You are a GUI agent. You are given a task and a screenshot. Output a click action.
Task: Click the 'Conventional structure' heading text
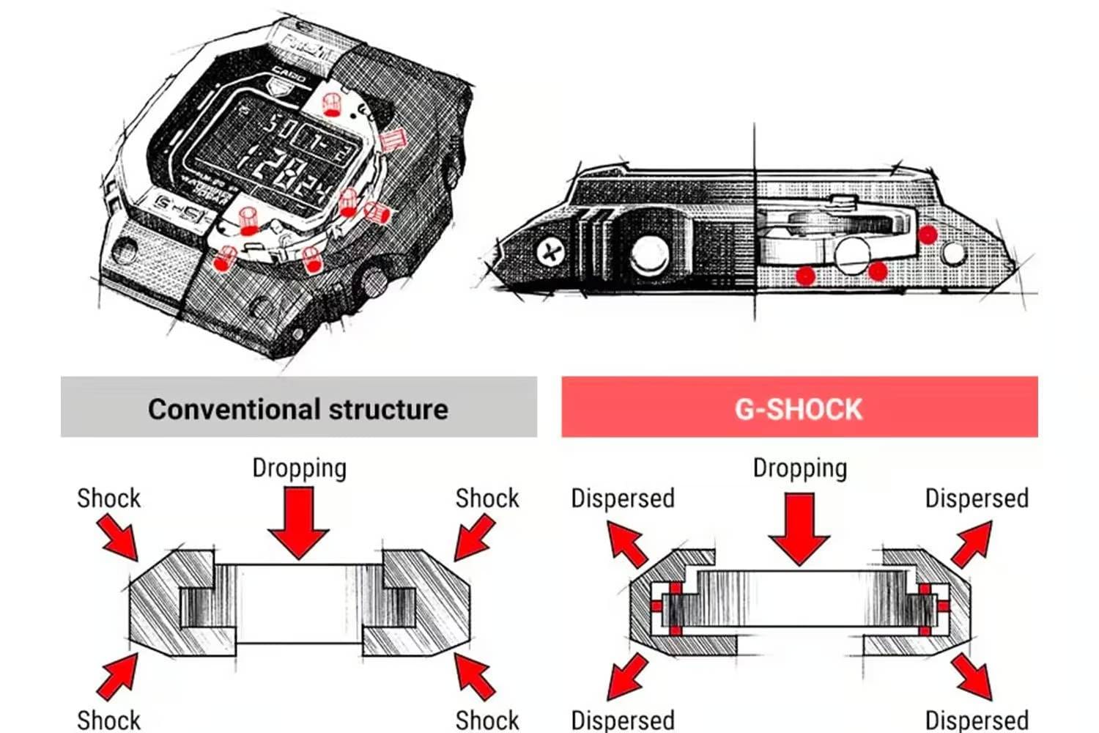click(x=297, y=409)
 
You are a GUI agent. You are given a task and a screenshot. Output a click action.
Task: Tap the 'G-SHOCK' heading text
click(x=799, y=409)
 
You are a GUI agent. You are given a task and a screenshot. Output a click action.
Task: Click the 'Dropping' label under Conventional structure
click(x=299, y=468)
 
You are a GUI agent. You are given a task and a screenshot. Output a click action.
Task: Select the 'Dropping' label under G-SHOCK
click(x=799, y=468)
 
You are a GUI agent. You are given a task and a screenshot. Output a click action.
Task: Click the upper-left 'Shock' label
click(x=108, y=498)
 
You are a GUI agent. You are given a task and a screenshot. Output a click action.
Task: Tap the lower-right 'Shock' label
click(x=486, y=720)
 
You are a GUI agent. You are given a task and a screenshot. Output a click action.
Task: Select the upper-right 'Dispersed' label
click(x=976, y=498)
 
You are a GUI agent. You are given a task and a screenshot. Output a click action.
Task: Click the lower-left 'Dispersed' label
click(x=622, y=720)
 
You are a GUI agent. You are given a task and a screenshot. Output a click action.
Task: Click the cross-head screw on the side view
click(x=549, y=252)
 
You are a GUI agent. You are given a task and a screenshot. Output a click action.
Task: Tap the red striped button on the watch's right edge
click(x=392, y=139)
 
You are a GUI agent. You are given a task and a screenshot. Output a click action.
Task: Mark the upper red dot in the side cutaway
click(x=928, y=235)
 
